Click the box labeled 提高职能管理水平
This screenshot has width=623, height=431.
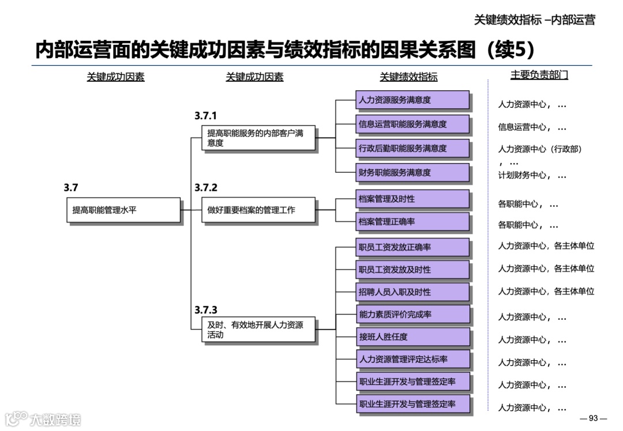click(x=123, y=210)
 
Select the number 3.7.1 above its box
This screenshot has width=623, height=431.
click(x=206, y=116)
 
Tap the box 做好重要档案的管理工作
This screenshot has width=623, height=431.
click(x=258, y=210)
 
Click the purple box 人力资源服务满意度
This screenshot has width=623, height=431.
click(x=412, y=100)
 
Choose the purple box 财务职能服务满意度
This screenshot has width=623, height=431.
click(x=412, y=172)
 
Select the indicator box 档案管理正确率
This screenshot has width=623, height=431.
click(x=412, y=221)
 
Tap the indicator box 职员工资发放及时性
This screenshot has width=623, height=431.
click(x=412, y=269)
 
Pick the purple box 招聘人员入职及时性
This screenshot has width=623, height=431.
click(x=412, y=292)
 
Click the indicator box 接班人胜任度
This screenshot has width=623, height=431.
click(x=412, y=337)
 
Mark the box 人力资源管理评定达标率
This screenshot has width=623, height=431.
click(x=412, y=360)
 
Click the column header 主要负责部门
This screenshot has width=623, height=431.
click(x=539, y=75)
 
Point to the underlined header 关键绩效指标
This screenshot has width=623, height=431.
click(x=408, y=77)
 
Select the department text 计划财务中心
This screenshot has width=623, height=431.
click(x=523, y=175)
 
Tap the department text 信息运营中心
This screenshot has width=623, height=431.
click(x=523, y=127)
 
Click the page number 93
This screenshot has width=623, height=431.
click(x=594, y=418)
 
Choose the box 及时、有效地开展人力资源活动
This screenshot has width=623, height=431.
click(x=258, y=330)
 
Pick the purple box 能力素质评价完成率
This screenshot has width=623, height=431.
click(x=412, y=315)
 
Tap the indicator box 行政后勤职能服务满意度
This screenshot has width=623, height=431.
click(x=412, y=148)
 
